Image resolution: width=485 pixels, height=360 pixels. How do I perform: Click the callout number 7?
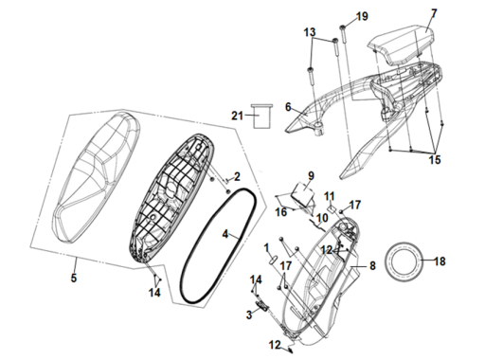point(434,13)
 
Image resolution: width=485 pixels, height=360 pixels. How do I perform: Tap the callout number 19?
point(362,16)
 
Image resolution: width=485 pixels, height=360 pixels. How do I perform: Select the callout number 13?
point(310,32)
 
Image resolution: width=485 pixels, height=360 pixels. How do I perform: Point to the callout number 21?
point(237,116)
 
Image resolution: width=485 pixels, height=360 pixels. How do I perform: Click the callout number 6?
point(288,107)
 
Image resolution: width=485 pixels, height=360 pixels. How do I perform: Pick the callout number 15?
point(435,159)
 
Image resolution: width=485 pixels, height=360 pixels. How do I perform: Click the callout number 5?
point(74,278)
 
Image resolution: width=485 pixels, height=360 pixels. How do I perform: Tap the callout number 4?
point(225,234)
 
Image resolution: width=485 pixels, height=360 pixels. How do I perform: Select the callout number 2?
point(237,176)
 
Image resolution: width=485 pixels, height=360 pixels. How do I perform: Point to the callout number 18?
point(440,261)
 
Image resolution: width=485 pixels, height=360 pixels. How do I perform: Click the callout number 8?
point(372,266)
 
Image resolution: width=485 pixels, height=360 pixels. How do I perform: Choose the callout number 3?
point(249,315)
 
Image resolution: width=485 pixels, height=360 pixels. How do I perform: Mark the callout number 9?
point(311,175)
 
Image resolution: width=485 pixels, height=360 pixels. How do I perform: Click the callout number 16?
point(281,212)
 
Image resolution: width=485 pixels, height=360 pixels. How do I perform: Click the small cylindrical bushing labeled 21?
point(261,116)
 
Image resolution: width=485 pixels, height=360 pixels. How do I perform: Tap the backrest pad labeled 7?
point(401,45)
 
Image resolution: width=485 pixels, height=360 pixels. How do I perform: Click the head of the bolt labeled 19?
point(343,27)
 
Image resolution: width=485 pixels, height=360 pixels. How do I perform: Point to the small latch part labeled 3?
point(262,305)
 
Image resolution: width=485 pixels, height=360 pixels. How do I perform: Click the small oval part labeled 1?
point(273,261)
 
